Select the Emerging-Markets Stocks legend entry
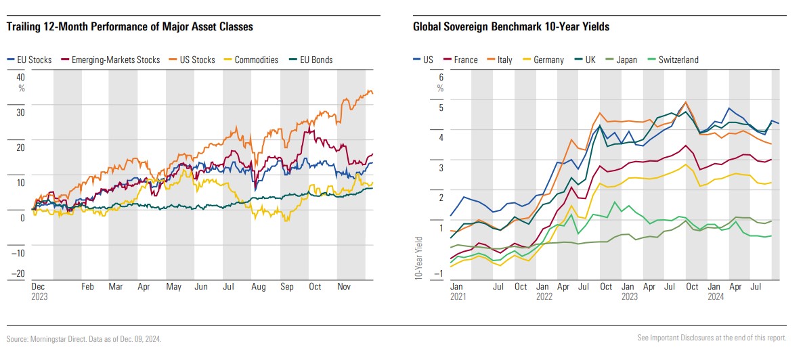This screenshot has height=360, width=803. click(114, 60)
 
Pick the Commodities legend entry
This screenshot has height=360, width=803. click(252, 60)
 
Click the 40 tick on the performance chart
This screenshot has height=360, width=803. click(20, 76)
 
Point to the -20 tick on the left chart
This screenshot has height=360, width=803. click(19, 274)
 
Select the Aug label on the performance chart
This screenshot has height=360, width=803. click(258, 287)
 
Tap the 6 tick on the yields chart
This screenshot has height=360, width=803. click(441, 77)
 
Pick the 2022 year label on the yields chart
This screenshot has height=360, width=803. click(544, 296)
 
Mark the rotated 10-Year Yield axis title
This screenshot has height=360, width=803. click(419, 257)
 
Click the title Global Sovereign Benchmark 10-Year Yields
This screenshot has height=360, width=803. click(511, 27)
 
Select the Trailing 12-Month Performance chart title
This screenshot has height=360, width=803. click(129, 27)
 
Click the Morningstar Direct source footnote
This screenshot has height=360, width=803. click(84, 338)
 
